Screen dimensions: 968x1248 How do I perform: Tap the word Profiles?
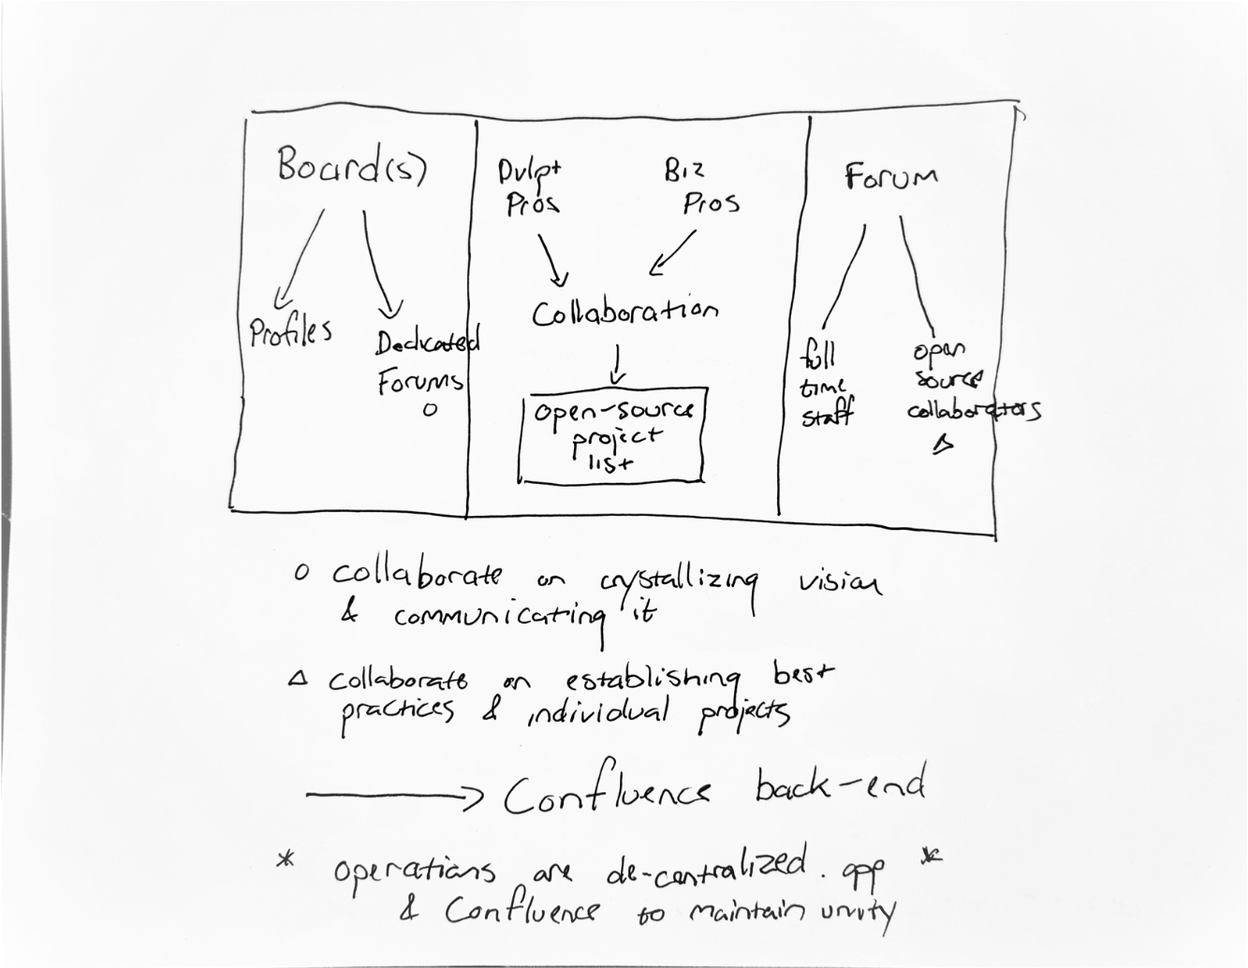tap(290, 332)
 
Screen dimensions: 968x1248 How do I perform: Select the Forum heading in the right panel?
tap(890, 177)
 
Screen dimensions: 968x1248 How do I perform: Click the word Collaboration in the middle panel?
tap(624, 312)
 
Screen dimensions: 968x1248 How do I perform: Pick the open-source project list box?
tap(612, 435)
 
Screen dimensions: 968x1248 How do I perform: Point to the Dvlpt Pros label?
tap(532, 187)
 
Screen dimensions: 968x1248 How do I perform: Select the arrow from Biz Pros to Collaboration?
tap(673, 254)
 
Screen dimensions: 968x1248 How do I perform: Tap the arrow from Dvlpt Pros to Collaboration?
tap(552, 259)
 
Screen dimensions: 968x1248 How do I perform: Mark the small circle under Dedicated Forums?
tap(430, 409)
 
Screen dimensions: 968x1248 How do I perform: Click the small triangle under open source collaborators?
tap(944, 445)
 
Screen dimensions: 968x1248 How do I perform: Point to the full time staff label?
tap(824, 385)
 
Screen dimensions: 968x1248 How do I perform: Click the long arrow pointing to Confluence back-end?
tap(393, 796)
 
